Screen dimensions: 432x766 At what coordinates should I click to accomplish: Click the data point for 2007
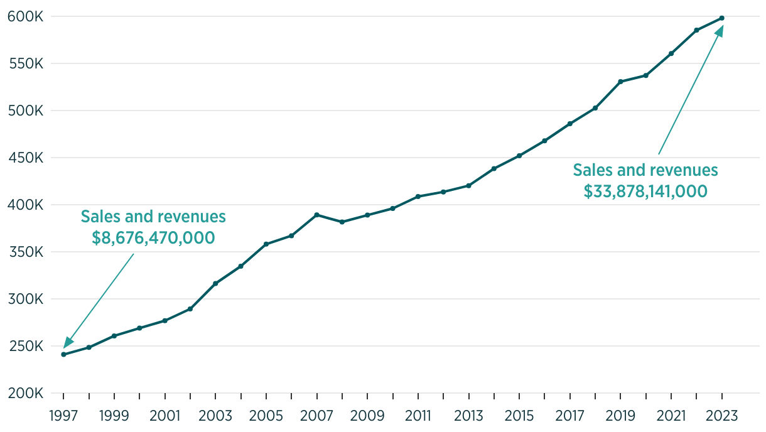317,215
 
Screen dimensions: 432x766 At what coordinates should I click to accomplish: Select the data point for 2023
722,18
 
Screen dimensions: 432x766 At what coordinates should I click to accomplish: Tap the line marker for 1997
63,354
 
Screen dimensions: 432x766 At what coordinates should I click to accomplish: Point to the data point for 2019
620,82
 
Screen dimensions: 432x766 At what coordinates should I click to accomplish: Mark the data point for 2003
215,284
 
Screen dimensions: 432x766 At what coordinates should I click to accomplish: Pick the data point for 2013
468,186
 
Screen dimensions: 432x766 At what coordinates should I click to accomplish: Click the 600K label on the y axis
25,16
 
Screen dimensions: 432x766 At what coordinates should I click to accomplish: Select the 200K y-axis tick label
25,394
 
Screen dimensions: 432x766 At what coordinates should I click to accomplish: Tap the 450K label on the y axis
25,158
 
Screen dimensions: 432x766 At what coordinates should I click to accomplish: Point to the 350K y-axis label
25,252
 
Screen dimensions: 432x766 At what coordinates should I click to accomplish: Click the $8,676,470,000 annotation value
153,238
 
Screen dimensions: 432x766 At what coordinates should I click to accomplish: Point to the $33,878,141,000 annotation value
645,192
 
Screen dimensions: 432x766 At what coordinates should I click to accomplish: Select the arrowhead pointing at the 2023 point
719,31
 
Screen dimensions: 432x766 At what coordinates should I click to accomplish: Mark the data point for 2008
342,222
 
